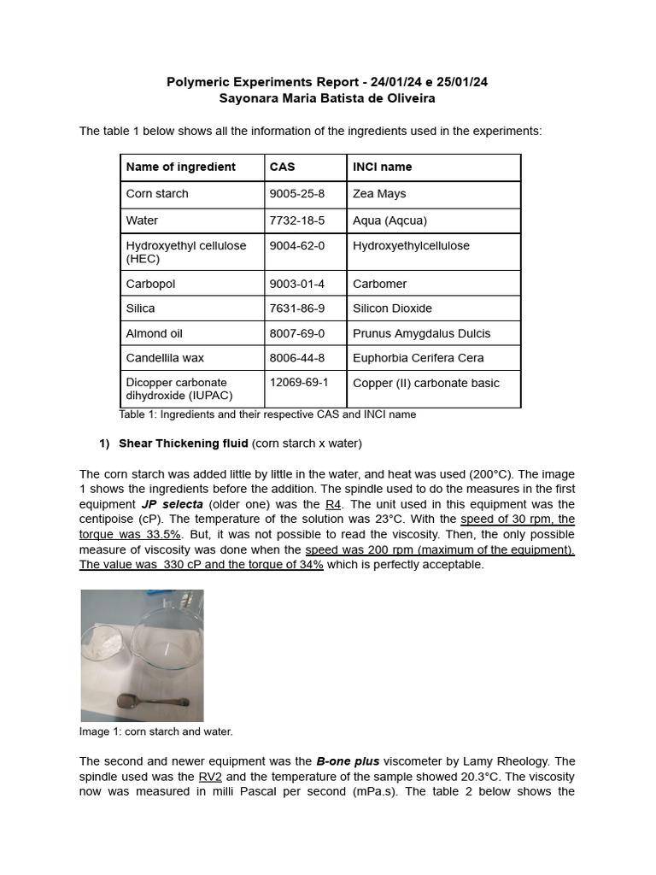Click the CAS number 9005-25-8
[x=296, y=194]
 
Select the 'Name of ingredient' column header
[x=180, y=167]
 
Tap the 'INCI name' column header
[x=382, y=167]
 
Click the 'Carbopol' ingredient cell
[x=150, y=284]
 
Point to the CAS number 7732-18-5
[x=296, y=220]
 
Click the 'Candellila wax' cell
[x=165, y=358]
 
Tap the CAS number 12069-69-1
[x=299, y=382]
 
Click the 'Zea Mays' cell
[x=379, y=194]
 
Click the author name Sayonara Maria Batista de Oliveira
[x=327, y=98]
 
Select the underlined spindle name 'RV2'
[x=210, y=777]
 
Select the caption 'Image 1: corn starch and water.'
[x=155, y=732]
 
